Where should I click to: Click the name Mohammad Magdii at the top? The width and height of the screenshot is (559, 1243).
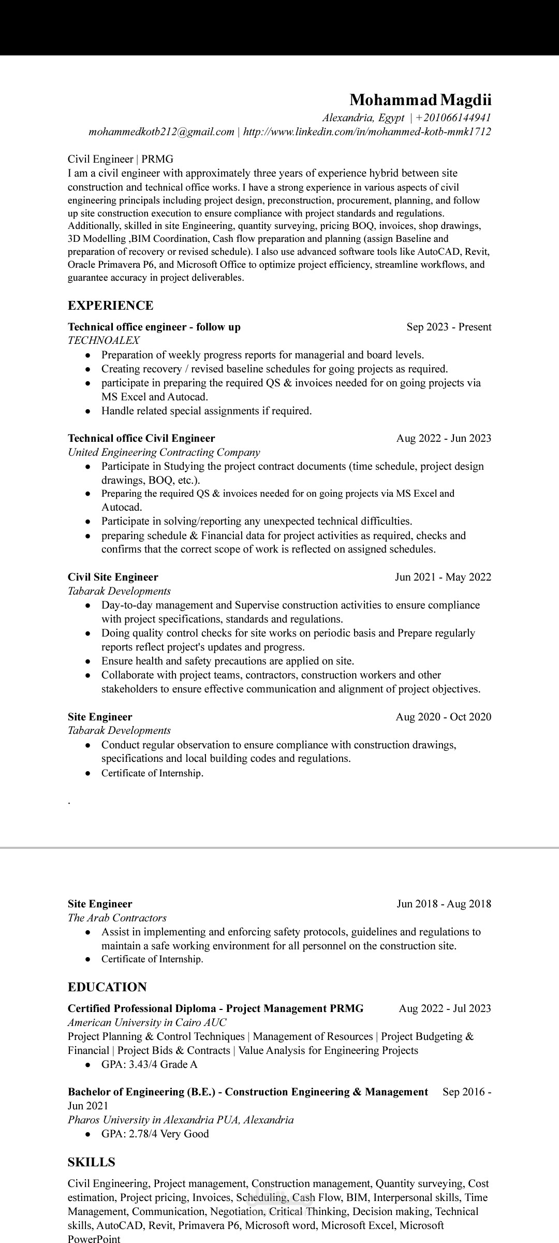(x=420, y=99)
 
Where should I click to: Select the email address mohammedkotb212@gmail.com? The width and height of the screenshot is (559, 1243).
(x=161, y=132)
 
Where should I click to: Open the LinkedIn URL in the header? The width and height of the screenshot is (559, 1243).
(x=366, y=132)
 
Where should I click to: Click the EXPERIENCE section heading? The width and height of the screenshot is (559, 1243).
(x=110, y=306)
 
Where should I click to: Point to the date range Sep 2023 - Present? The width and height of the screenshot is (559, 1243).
(x=449, y=327)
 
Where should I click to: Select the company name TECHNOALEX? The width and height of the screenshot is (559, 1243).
(x=104, y=341)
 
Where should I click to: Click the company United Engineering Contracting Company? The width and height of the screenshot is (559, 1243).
(x=164, y=452)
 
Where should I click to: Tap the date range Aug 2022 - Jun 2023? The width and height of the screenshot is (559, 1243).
(x=444, y=438)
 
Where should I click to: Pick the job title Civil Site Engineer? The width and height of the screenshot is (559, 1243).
(x=113, y=577)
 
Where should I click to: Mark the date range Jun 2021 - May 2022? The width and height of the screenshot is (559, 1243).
(x=443, y=577)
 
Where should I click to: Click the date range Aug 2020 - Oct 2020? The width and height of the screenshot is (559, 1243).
(x=443, y=717)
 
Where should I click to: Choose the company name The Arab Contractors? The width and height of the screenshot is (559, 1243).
(x=117, y=918)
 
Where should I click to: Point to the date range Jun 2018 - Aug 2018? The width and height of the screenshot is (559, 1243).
(x=444, y=904)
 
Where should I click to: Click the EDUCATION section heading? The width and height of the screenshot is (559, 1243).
(x=107, y=987)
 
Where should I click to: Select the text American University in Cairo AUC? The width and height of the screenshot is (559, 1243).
(x=147, y=1022)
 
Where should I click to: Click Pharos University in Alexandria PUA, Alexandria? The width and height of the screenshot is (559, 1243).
(x=181, y=1120)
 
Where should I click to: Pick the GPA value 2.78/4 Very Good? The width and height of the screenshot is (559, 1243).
(x=155, y=1134)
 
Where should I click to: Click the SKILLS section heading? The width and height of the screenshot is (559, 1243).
(x=91, y=1162)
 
